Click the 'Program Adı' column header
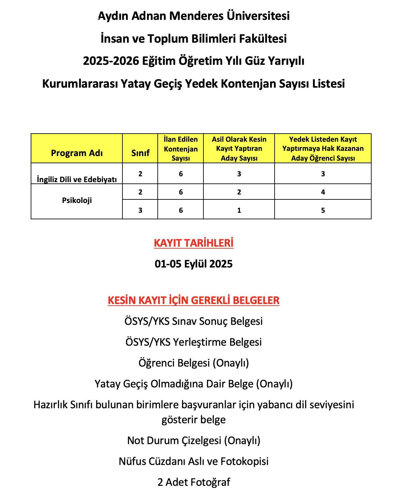tap(77, 153)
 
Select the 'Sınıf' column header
tap(140, 153)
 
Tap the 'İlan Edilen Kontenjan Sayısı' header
tap(181, 149)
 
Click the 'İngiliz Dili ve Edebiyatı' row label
tap(77, 179)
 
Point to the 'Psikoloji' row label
tap(77, 200)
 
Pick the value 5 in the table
tap(323, 210)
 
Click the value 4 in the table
tap(323, 192)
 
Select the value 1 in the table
tap(239, 210)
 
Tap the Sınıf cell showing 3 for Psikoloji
tap(140, 210)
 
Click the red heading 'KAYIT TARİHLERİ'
tap(194, 243)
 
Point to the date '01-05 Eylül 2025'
tap(194, 264)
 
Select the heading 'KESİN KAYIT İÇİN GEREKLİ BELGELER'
tap(194, 300)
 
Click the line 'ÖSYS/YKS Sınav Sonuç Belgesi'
tap(194, 321)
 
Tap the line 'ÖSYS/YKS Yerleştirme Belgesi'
tap(194, 342)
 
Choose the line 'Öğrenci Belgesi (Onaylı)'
tap(194, 363)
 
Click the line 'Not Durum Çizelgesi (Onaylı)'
tap(194, 441)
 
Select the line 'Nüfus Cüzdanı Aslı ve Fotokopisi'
tap(194, 461)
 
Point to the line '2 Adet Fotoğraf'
tap(194, 482)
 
